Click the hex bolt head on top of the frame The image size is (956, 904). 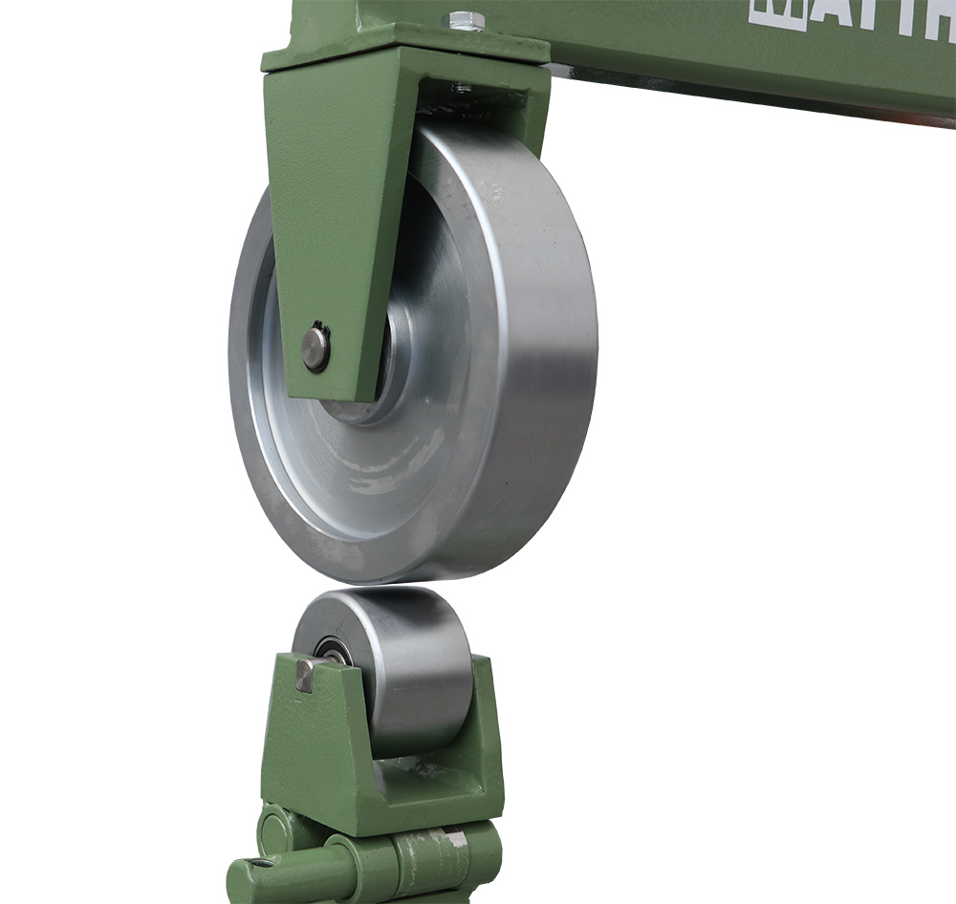tap(466, 20)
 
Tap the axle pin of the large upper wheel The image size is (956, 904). tap(315, 348)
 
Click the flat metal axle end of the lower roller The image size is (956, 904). tap(304, 675)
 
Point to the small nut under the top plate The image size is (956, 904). tap(463, 88)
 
